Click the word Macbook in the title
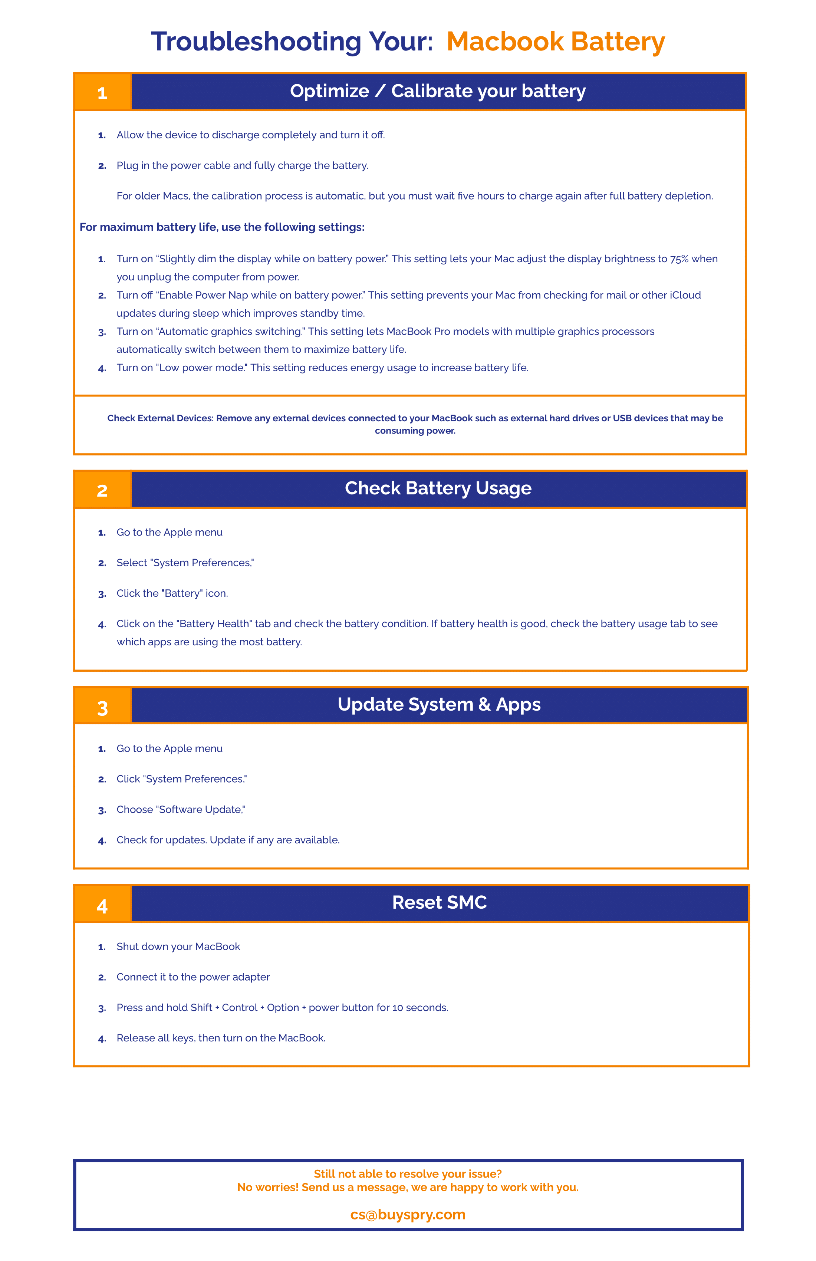click(x=505, y=42)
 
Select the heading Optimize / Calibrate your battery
click(x=438, y=91)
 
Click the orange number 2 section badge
click(x=102, y=490)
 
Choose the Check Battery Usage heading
click(x=438, y=488)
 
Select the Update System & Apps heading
click(x=439, y=704)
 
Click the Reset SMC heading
click(x=439, y=902)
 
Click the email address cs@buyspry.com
click(x=408, y=1214)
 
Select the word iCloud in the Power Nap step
click(x=685, y=295)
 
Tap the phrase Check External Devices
click(x=160, y=418)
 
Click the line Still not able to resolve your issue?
click(x=408, y=1173)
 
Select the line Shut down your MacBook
click(x=178, y=946)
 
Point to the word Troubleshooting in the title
click(x=256, y=42)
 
